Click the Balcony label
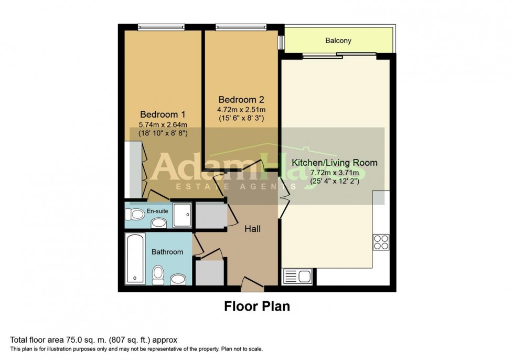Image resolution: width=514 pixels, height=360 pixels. point(338,40)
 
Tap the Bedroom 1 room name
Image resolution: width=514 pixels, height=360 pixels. point(163,114)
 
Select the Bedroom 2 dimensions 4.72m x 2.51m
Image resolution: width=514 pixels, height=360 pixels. point(242,110)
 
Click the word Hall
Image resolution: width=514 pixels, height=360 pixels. point(252,229)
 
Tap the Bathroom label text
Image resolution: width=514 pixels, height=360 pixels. point(167,252)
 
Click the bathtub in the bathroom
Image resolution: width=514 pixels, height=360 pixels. point(135,259)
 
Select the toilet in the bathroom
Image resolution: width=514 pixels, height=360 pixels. point(158,274)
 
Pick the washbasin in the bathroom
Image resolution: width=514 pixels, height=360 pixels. point(179,279)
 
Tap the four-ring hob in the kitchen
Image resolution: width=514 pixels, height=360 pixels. point(381,241)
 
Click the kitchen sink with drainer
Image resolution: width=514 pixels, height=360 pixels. point(297,276)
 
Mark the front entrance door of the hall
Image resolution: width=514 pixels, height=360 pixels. point(252,287)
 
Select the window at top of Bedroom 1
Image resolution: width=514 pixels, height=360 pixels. point(161,27)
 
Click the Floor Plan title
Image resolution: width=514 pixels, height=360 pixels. point(257,306)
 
